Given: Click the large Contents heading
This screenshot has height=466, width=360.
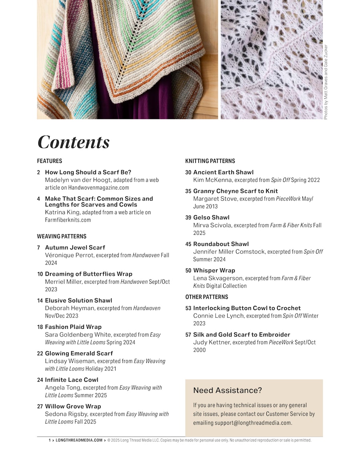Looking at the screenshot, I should (x=73, y=142).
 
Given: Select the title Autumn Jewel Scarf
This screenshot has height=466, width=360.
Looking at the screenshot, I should (x=75, y=248).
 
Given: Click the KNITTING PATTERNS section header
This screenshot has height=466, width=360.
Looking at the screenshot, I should (x=210, y=161).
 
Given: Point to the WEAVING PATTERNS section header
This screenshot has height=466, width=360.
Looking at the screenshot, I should (x=62, y=236).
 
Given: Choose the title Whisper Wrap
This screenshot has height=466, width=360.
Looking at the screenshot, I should (x=214, y=270).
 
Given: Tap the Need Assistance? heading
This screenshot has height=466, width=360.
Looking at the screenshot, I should (x=228, y=390).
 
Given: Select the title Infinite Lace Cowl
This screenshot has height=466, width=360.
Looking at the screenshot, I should (x=72, y=380).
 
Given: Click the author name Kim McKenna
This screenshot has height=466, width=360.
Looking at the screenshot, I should (x=212, y=180).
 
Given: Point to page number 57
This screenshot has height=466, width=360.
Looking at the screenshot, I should (x=188, y=335).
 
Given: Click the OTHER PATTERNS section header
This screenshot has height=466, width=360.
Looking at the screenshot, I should (x=207, y=297).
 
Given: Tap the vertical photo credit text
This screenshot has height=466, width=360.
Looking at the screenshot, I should (x=326, y=82).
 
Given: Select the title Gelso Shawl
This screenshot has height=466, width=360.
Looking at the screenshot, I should (x=211, y=218).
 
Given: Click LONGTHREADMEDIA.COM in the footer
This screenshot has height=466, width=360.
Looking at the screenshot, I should (x=79, y=440).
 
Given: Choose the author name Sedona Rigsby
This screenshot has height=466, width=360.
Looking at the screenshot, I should (x=66, y=414).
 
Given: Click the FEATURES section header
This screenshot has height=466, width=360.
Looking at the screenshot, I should (x=50, y=161).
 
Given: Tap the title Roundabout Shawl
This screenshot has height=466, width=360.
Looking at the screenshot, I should (x=221, y=244).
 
